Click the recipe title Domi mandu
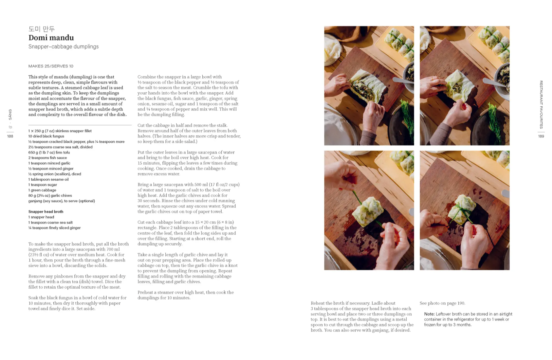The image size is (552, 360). coord(51,38)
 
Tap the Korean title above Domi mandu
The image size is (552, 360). coord(41,29)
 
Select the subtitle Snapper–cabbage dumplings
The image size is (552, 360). coord(63,46)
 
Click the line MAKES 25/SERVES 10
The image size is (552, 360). coord(51,66)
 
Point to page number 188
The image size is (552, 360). coord(10,136)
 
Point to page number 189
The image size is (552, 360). coord(541,136)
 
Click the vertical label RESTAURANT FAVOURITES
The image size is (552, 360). coord(541,104)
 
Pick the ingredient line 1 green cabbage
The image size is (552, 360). coord(42,190)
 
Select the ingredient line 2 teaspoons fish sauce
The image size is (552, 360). coord(47,158)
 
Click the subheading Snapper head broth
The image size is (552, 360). coord(46,212)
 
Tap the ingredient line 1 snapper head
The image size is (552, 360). coord(41,217)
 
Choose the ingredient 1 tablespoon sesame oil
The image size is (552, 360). coord(48,179)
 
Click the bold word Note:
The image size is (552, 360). coord(429,314)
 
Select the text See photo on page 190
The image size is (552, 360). coord(442,303)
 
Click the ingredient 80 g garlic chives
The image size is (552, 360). coord(50,195)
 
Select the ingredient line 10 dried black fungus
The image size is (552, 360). coord(46,136)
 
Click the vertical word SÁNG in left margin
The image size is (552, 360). coord(10,115)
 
